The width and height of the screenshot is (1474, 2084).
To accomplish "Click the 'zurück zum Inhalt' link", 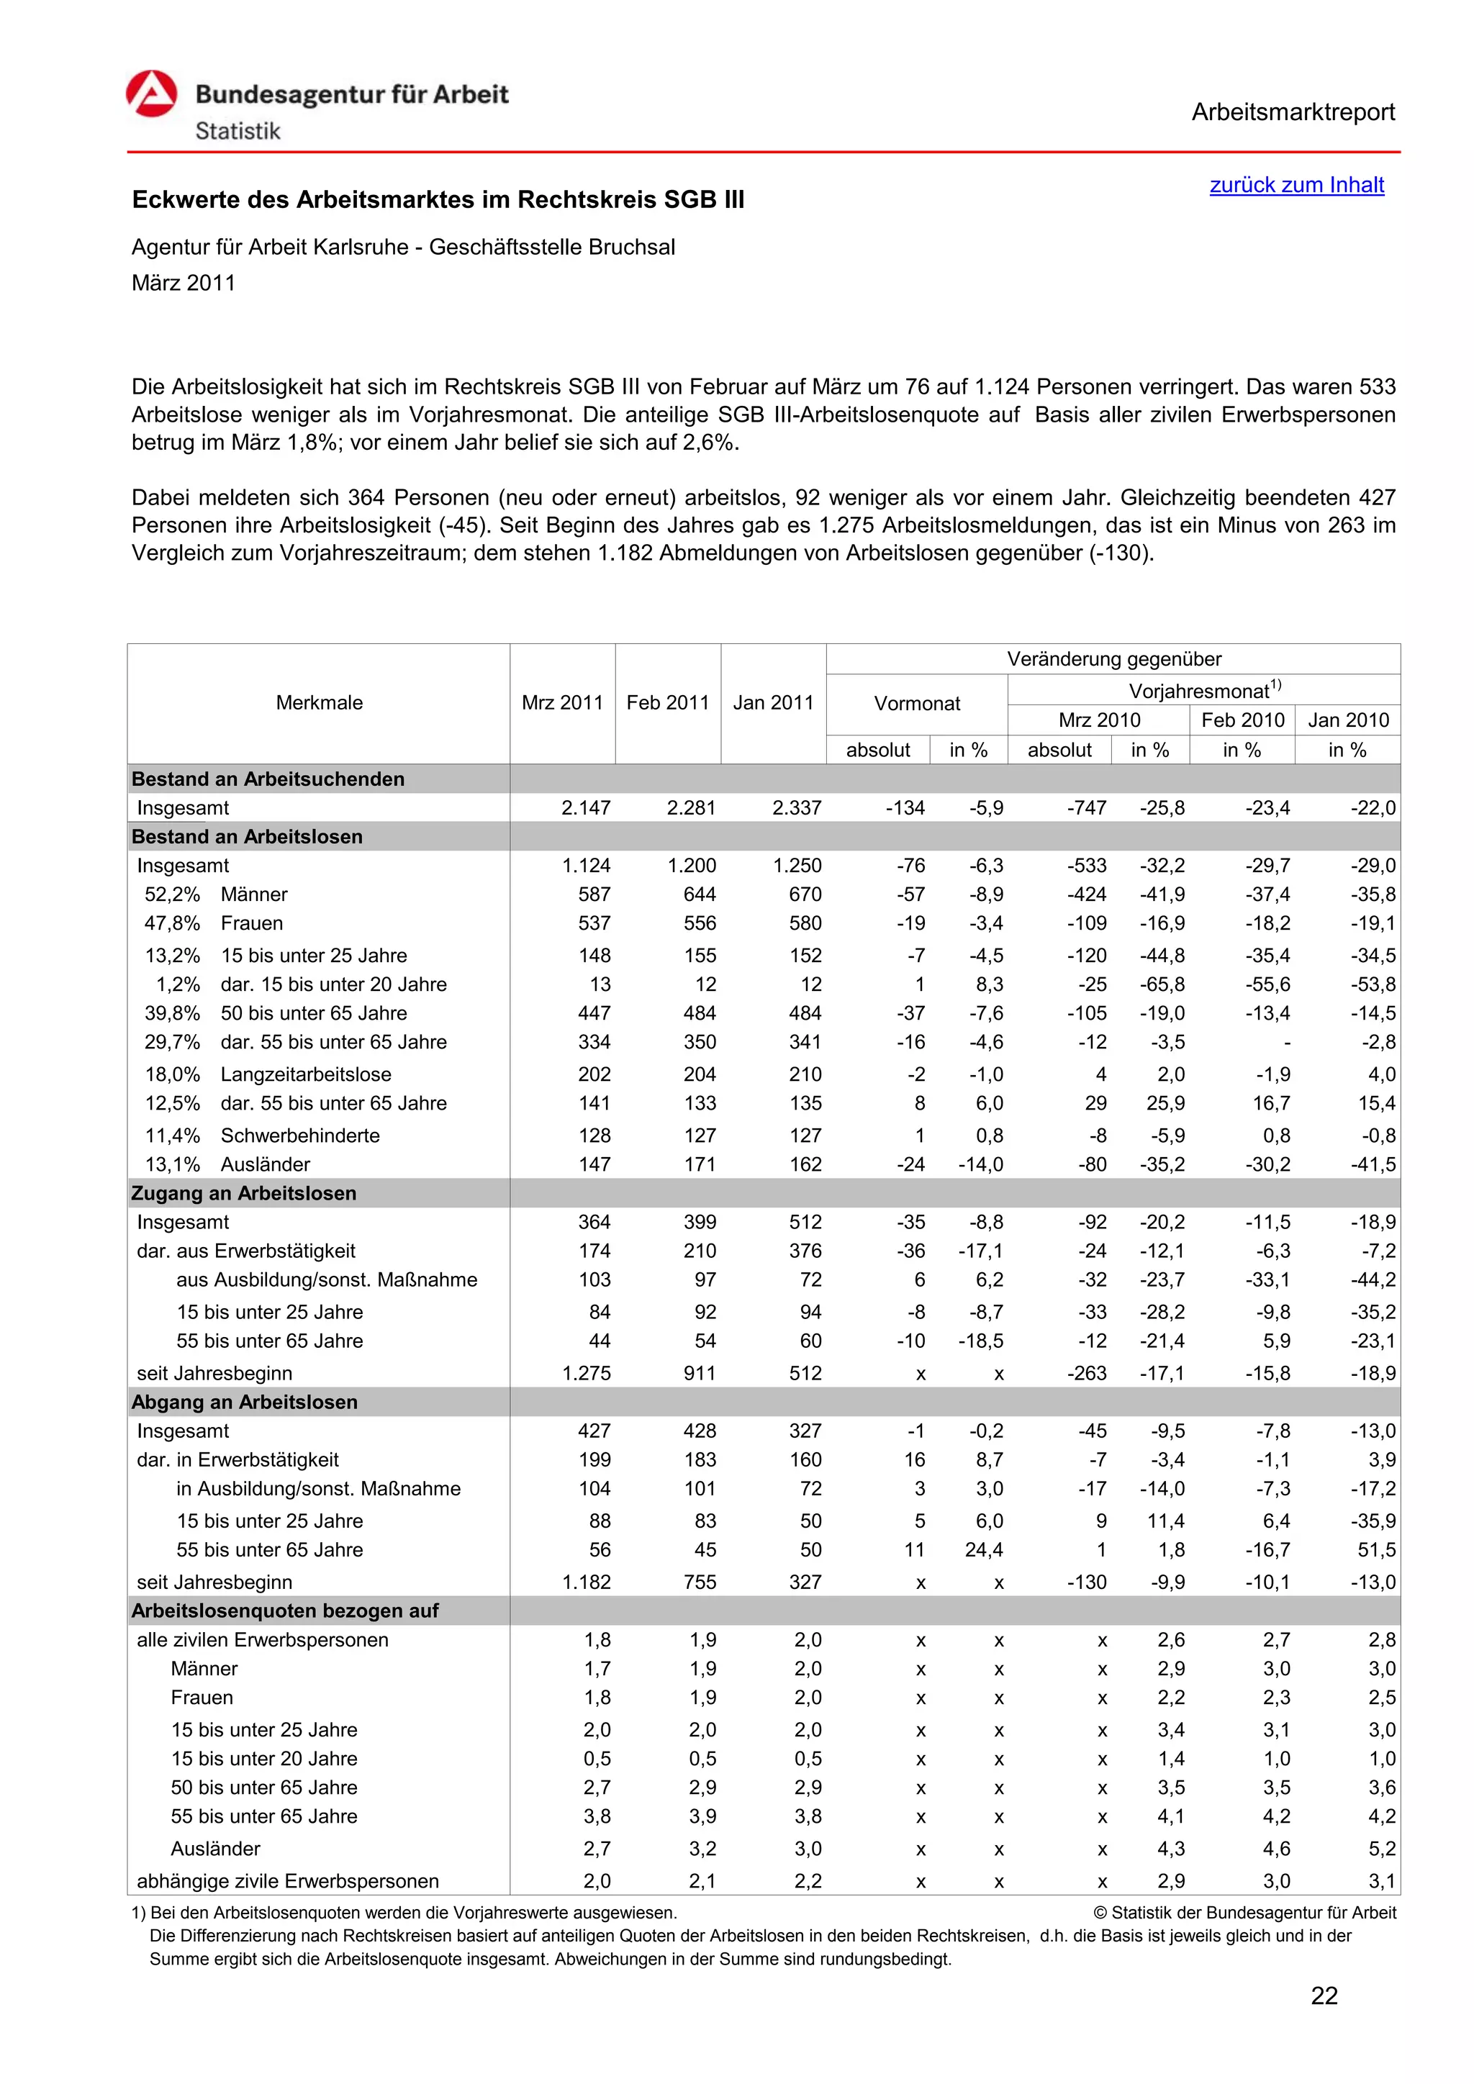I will [1296, 185].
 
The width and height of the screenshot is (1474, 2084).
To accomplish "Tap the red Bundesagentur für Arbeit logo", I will [152, 94].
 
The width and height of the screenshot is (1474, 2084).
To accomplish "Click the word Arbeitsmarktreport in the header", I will [1293, 112].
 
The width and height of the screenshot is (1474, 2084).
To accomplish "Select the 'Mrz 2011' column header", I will [562, 702].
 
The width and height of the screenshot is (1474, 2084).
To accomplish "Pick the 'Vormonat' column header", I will [917, 704].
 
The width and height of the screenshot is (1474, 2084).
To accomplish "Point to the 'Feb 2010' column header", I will [1242, 720].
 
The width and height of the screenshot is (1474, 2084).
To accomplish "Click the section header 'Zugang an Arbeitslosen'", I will [243, 1192].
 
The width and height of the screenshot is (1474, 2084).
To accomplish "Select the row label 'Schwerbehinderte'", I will [299, 1136].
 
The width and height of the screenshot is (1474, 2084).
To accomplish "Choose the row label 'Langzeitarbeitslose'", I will [306, 1074].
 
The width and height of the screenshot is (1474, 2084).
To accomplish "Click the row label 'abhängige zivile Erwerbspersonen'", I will [288, 1880].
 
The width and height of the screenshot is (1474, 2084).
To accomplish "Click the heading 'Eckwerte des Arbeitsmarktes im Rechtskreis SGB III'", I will [438, 199].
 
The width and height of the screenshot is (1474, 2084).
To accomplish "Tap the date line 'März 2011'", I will [184, 284].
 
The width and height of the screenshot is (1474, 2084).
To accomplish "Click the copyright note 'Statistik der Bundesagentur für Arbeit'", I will [1252, 1913].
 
